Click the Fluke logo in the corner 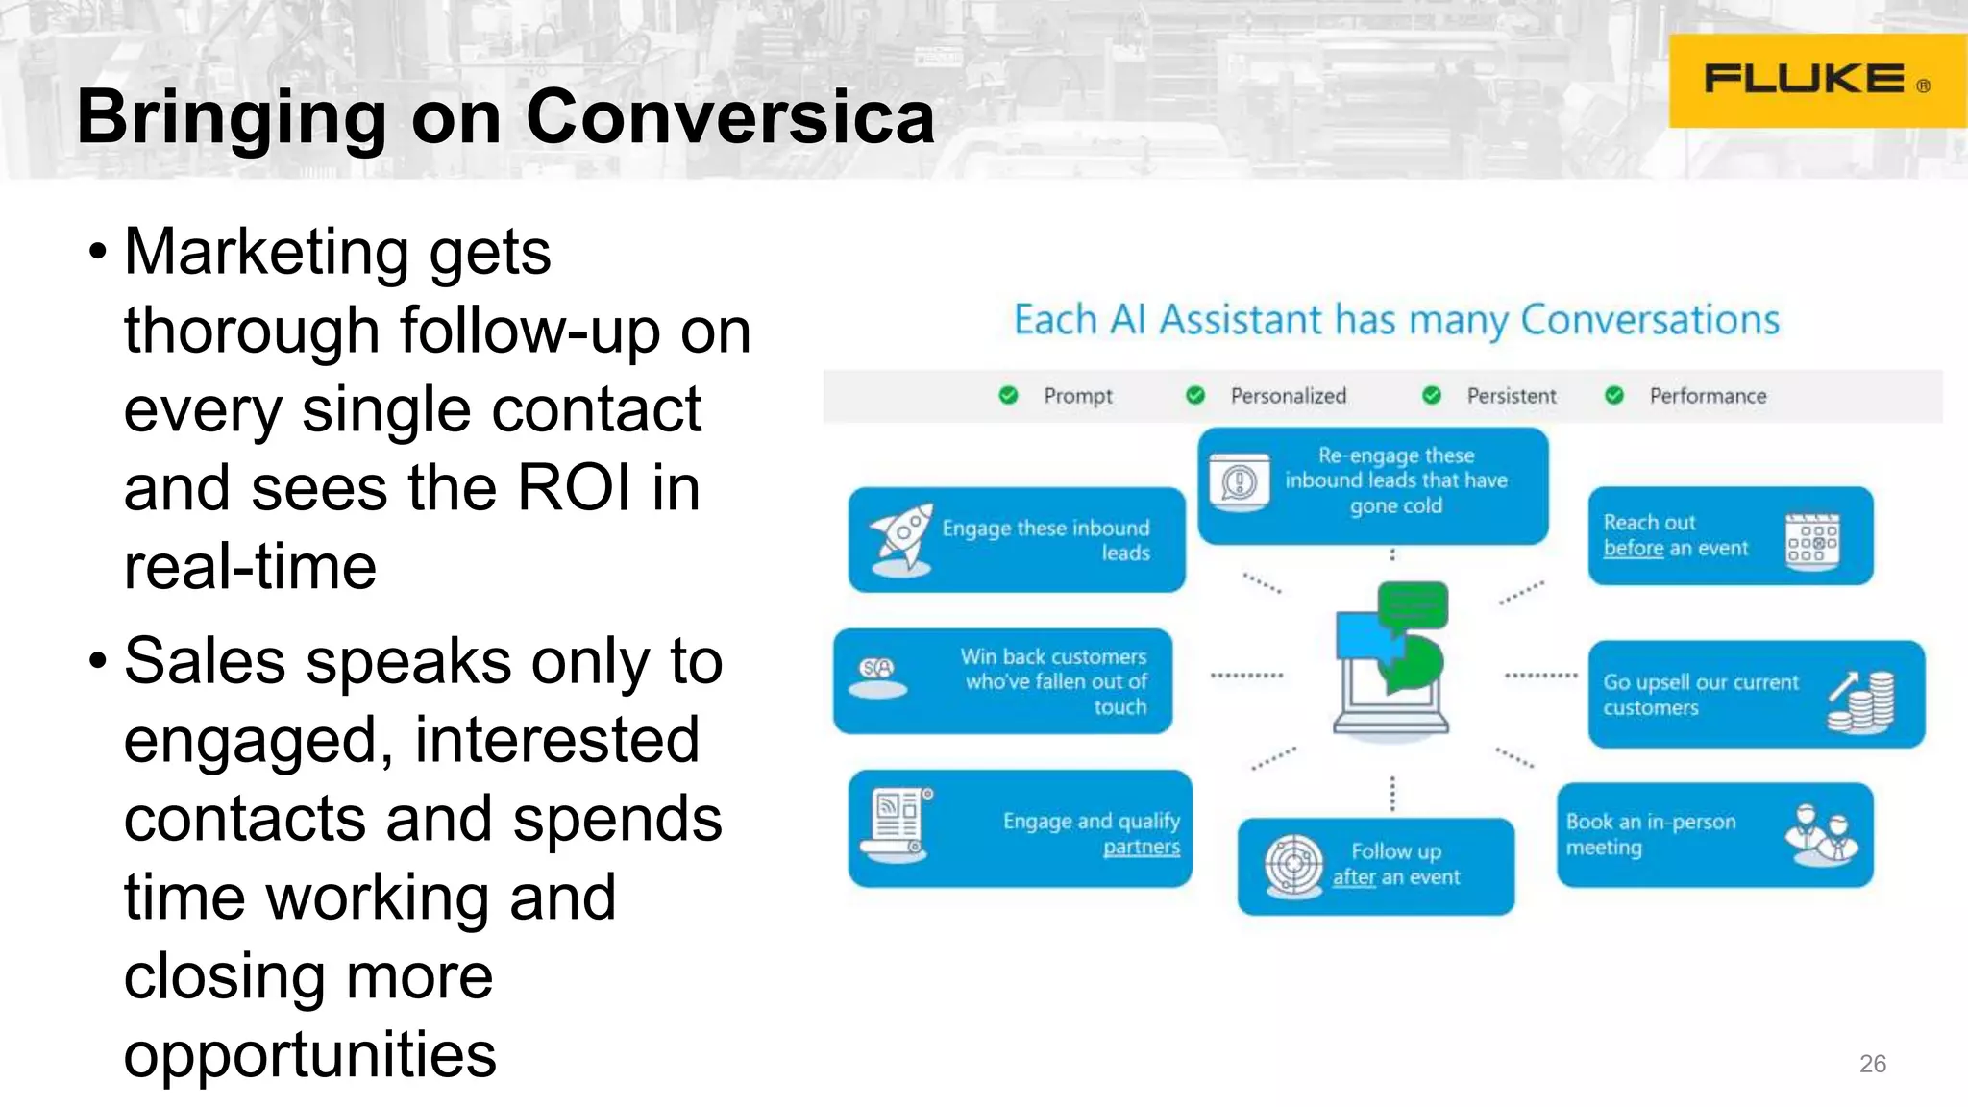click(x=1815, y=80)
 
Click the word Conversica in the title click(x=729, y=117)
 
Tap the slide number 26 click(x=1872, y=1064)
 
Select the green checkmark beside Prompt click(x=1008, y=395)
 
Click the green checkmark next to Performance click(x=1614, y=395)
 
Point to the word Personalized click(x=1288, y=396)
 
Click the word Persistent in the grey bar click(x=1511, y=396)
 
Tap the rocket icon click(x=900, y=539)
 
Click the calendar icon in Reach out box click(x=1811, y=542)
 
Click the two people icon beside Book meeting click(x=1821, y=833)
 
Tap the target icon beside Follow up click(x=1292, y=865)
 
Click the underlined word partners click(x=1141, y=847)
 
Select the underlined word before click(x=1633, y=548)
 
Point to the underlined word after click(x=1353, y=876)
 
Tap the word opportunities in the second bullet click(x=310, y=1055)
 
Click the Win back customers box click(x=1002, y=681)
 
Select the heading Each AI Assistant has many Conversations click(x=1396, y=320)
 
